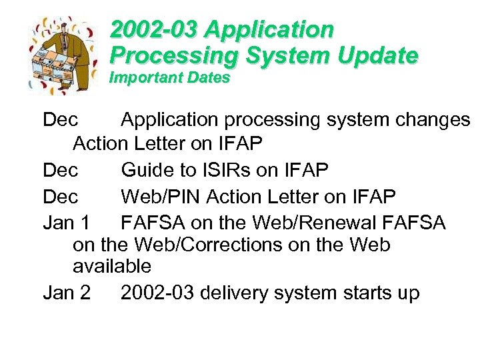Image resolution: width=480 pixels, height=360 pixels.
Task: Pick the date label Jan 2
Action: click(66, 293)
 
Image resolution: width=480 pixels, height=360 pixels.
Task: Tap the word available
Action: click(111, 267)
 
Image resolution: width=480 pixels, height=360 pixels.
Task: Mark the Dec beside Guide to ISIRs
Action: click(61, 170)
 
